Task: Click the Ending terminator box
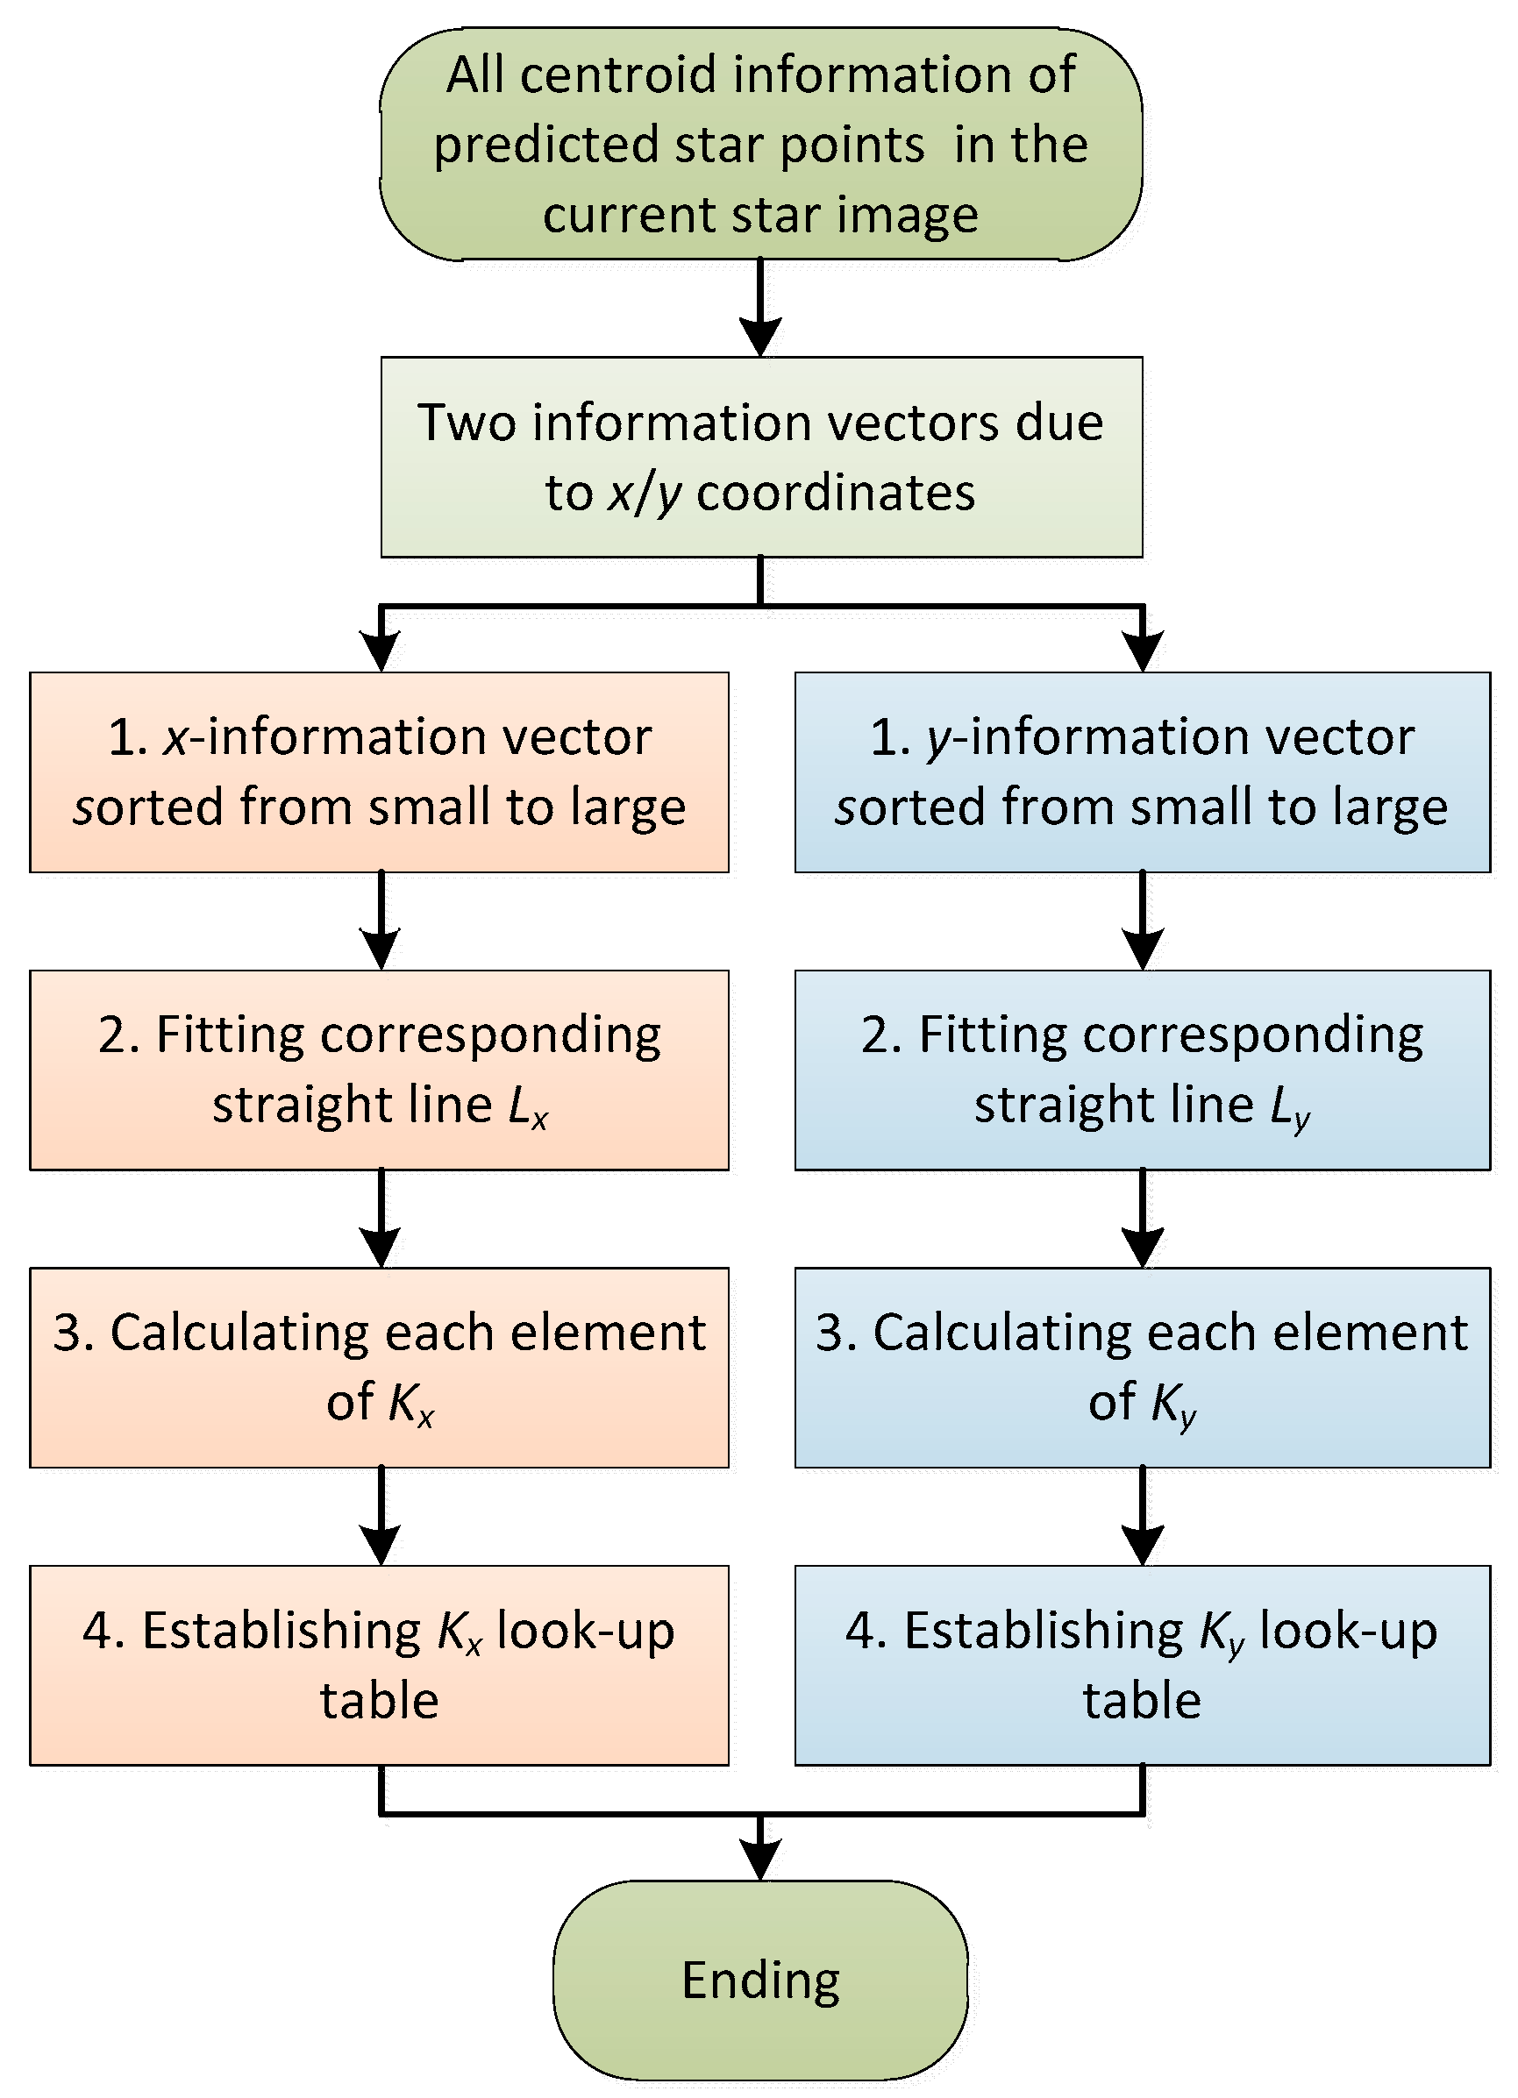[x=760, y=1980]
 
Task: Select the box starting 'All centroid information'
[x=760, y=144]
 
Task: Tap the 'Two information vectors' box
[x=760, y=457]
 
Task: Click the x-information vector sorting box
[x=379, y=772]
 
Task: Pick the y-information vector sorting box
[x=1143, y=772]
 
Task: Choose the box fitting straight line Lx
[x=379, y=1070]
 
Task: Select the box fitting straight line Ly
[x=1143, y=1070]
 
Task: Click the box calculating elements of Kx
[x=379, y=1367]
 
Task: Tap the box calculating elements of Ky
[x=1143, y=1367]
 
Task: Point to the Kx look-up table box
[x=379, y=1665]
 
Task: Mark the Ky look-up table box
[x=1143, y=1665]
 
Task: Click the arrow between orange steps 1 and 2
[x=381, y=921]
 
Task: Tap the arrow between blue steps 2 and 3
[x=1143, y=1218]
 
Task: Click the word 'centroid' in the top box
[x=618, y=75]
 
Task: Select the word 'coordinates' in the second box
[x=836, y=493]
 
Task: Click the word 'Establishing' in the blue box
[x=1043, y=1630]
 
